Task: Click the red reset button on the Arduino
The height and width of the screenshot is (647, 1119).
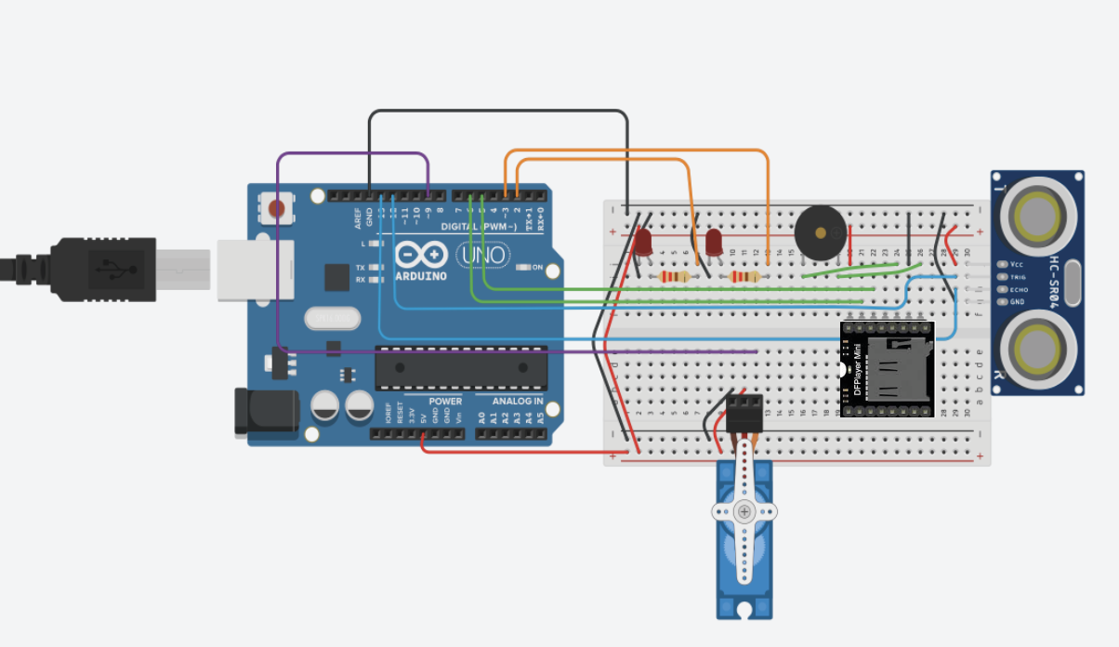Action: (x=276, y=208)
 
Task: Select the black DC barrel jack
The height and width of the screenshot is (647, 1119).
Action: (x=265, y=412)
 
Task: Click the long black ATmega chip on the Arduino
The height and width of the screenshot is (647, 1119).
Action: (x=460, y=368)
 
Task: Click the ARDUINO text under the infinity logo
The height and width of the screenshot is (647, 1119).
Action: (x=421, y=276)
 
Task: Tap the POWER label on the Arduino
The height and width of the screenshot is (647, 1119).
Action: (x=444, y=401)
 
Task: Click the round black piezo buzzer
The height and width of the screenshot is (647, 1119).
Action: (x=821, y=231)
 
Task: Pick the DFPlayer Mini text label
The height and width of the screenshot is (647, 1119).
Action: (x=858, y=370)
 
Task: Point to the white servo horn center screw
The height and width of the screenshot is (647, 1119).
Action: (x=744, y=511)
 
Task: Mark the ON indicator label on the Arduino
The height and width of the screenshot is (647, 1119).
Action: (x=537, y=268)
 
